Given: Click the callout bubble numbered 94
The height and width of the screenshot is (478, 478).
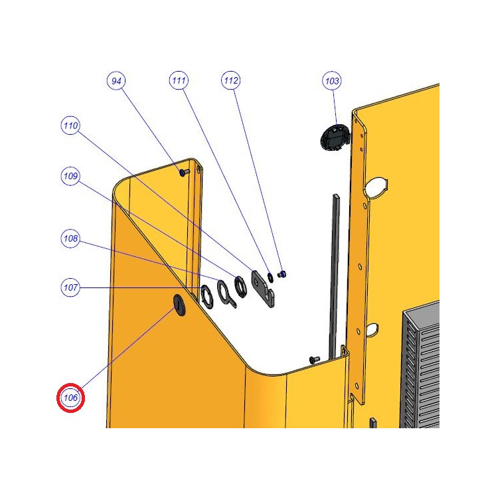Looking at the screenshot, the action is [x=116, y=81].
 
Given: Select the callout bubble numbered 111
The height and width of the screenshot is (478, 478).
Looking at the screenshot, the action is [x=179, y=80].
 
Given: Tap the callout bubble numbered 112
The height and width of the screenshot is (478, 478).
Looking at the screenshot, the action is [x=231, y=80].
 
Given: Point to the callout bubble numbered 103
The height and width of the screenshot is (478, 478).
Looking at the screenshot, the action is [x=332, y=81].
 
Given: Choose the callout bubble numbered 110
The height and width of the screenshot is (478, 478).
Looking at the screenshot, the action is [x=70, y=125].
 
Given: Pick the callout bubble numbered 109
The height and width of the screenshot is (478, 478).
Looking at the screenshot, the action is [x=70, y=176].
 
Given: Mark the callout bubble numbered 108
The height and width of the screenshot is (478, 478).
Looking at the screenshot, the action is [x=70, y=238].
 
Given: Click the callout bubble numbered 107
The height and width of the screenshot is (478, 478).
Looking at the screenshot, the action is [x=70, y=287].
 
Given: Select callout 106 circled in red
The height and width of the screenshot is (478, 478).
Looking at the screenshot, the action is [x=71, y=398].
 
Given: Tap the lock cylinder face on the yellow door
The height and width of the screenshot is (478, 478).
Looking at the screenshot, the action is [x=179, y=305].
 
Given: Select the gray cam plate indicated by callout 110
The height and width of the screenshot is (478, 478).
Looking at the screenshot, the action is [x=262, y=289].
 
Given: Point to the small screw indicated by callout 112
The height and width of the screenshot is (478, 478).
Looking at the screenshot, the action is [x=283, y=274].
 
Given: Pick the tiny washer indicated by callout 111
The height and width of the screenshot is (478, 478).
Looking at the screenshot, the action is [x=270, y=278].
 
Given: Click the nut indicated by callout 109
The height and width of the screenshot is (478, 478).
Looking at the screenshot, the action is [x=240, y=287].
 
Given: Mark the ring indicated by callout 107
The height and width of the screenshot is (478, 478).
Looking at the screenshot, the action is [x=207, y=297].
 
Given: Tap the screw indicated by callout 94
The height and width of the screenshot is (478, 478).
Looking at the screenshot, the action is [x=184, y=173].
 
